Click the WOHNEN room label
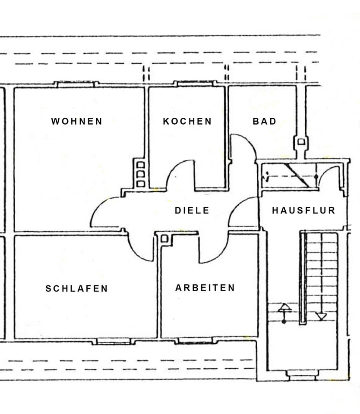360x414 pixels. pyautogui.click(x=77, y=121)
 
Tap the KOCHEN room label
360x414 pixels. pyautogui.click(x=187, y=121)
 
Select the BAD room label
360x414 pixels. pyautogui.click(x=264, y=121)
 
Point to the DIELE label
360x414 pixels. pyautogui.click(x=192, y=210)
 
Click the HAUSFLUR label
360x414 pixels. pyautogui.click(x=303, y=210)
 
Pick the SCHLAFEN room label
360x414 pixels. pyautogui.click(x=77, y=289)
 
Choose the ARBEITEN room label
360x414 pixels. pyautogui.click(x=205, y=288)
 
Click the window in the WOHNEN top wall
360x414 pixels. pyautogui.click(x=76, y=84)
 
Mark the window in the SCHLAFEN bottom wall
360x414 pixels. pyautogui.click(x=112, y=342)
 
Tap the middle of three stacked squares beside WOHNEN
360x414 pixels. pyautogui.click(x=140, y=174)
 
